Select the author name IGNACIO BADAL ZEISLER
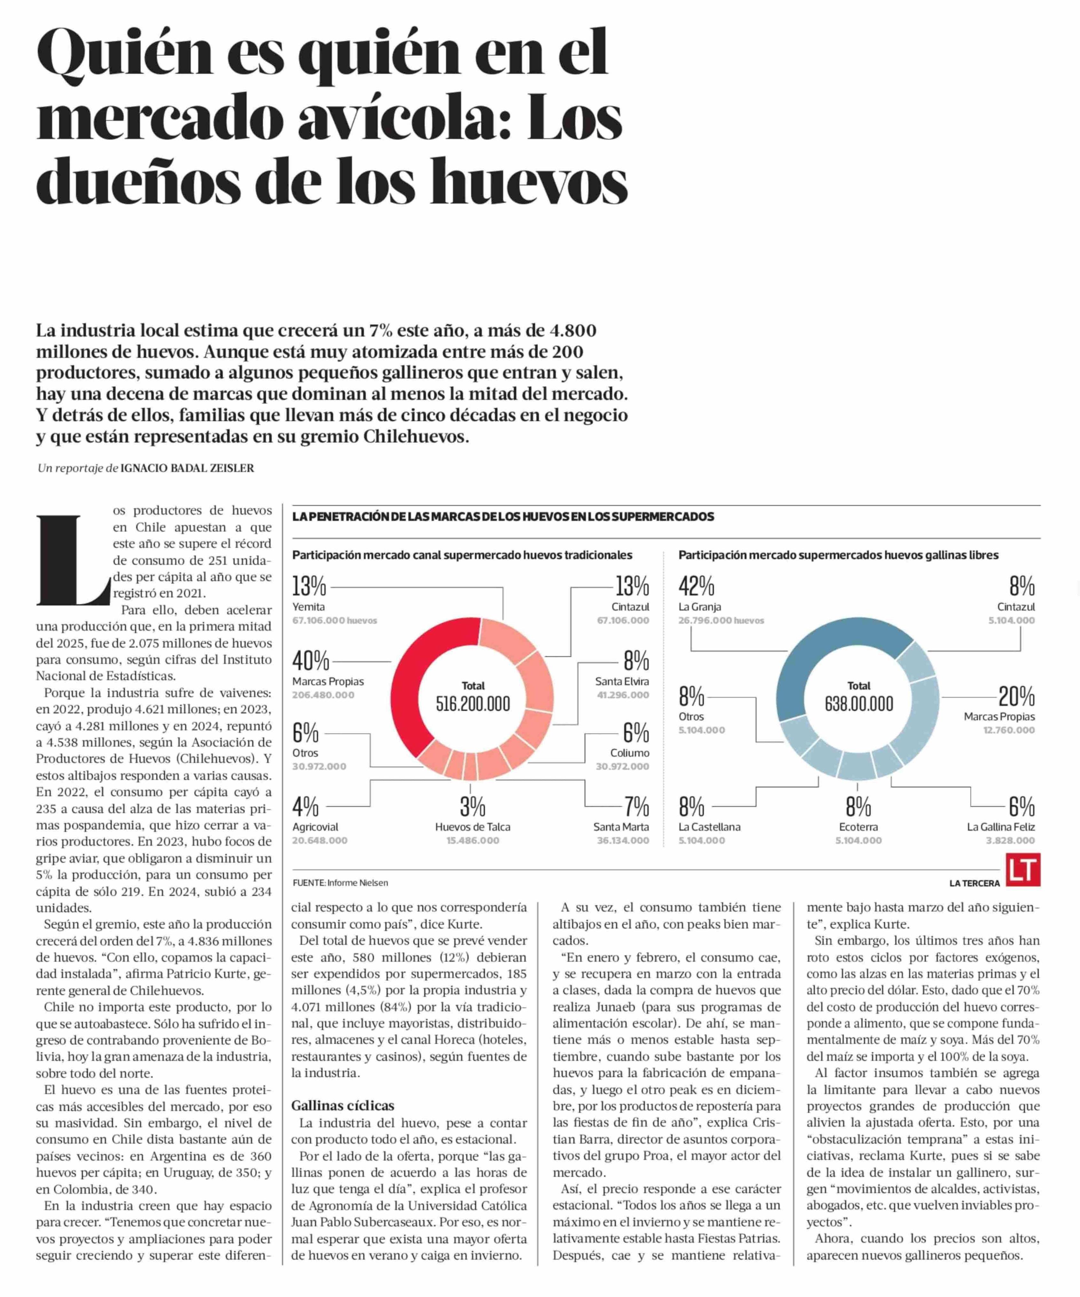[x=187, y=468]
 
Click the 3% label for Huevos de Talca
[x=472, y=807]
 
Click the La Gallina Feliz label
[x=1000, y=826]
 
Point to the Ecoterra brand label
[x=858, y=826]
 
